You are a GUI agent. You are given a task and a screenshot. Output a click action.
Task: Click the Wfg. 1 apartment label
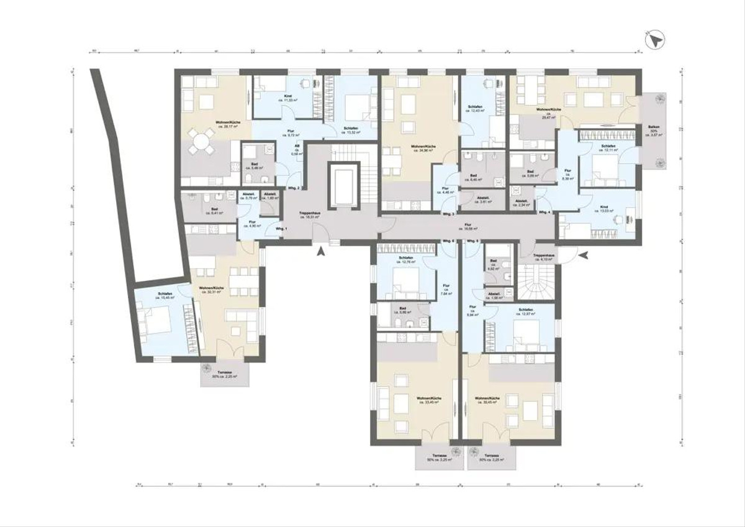tap(281, 229)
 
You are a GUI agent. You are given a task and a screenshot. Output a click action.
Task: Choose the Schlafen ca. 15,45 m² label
tap(165, 297)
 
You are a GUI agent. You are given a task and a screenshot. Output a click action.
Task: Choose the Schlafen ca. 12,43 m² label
tap(477, 109)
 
